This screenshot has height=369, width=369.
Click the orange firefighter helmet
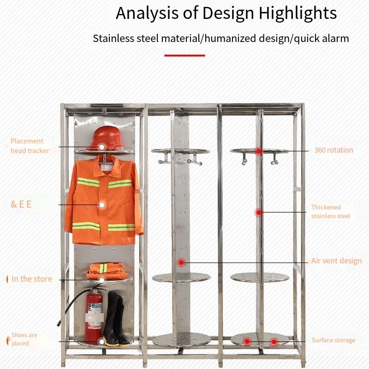pyautogui.click(x=105, y=137)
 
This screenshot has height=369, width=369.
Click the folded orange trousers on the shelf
pyautogui.click(x=107, y=271)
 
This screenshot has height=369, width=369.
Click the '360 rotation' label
pyautogui.click(x=333, y=150)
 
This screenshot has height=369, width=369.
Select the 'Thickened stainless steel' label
pyautogui.click(x=330, y=212)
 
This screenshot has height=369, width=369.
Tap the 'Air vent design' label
pyautogui.click(x=336, y=261)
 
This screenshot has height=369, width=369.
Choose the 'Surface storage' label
pyautogui.click(x=333, y=340)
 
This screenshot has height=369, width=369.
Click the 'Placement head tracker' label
pyautogui.click(x=30, y=146)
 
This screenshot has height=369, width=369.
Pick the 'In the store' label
pyautogui.click(x=31, y=279)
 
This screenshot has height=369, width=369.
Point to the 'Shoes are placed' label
pyautogui.click(x=24, y=339)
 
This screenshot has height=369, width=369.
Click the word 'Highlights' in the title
pyautogui.click(x=298, y=13)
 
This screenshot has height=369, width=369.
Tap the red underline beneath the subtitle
pyautogui.click(x=184, y=55)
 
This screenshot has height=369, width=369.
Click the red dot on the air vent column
pyautogui.click(x=182, y=262)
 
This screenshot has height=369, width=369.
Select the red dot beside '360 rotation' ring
pyautogui.click(x=259, y=151)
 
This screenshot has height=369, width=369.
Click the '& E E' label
pyautogui.click(x=21, y=204)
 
